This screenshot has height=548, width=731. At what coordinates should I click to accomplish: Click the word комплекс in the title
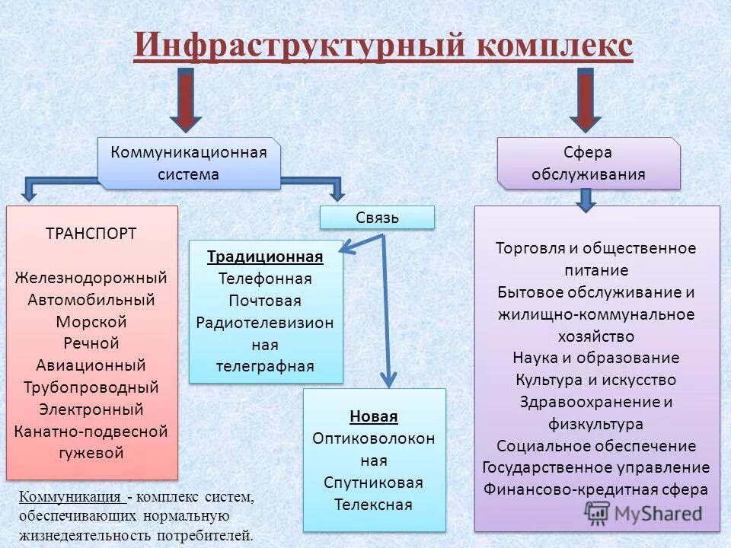pos(555,45)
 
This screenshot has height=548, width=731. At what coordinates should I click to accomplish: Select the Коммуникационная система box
pos(189,163)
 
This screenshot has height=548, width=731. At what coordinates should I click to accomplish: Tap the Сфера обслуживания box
pos(588,163)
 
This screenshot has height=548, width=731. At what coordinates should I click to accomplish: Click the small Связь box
pos(377,218)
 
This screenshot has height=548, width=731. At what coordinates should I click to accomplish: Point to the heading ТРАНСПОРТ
pos(91,234)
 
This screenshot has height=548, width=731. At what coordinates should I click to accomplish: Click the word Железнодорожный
pos(91,278)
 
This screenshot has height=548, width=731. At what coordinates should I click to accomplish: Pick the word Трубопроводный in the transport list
pos(91,387)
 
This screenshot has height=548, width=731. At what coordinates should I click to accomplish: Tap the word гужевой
pos(91,454)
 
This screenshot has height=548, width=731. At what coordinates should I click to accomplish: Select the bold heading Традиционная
pos(265,256)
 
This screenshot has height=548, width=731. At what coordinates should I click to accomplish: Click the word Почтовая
pos(265,301)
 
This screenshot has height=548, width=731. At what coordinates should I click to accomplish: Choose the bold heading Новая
pos(374,416)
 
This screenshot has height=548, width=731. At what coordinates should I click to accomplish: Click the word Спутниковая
pos(374,483)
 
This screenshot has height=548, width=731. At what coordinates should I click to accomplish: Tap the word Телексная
pos(374,505)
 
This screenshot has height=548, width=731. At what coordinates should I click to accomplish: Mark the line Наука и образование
pos(596,358)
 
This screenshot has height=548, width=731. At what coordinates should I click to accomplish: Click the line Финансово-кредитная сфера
pos(596,489)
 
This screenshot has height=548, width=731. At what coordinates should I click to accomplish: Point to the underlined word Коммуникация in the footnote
pos(72,497)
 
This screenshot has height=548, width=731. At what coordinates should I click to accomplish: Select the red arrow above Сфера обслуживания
pos(586,99)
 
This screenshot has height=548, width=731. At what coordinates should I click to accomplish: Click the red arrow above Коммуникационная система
pos(185,99)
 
